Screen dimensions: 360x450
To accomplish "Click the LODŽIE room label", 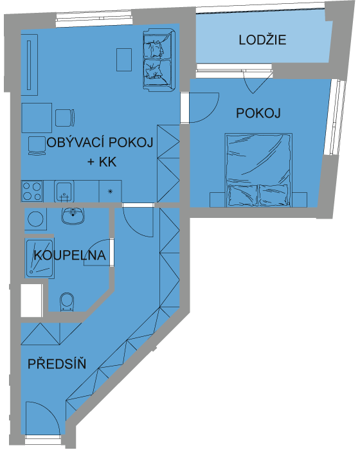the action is (x=262, y=40).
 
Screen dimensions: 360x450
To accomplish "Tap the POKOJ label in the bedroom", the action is (x=258, y=113).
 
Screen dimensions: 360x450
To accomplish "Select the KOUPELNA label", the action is (x=70, y=255).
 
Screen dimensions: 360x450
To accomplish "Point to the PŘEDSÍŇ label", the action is (x=57, y=363).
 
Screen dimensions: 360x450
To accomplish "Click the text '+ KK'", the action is (x=102, y=162).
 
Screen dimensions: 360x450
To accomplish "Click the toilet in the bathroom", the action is (x=67, y=302).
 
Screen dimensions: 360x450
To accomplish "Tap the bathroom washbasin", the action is (x=73, y=215).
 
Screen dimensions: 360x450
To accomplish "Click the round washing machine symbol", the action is (x=35, y=219).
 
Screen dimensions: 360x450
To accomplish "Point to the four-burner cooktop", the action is (x=32, y=191).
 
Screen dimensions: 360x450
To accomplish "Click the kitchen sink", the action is (x=64, y=191).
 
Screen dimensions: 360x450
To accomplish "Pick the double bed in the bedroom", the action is (x=258, y=170).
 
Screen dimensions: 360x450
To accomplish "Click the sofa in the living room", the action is (x=159, y=60).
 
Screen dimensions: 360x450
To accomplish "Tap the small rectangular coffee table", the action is (x=124, y=60).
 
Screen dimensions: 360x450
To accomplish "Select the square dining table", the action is (x=37, y=118).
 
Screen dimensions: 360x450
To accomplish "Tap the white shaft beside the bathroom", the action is (x=32, y=300).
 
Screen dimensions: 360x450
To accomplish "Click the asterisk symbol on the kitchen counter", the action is (x=110, y=192).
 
